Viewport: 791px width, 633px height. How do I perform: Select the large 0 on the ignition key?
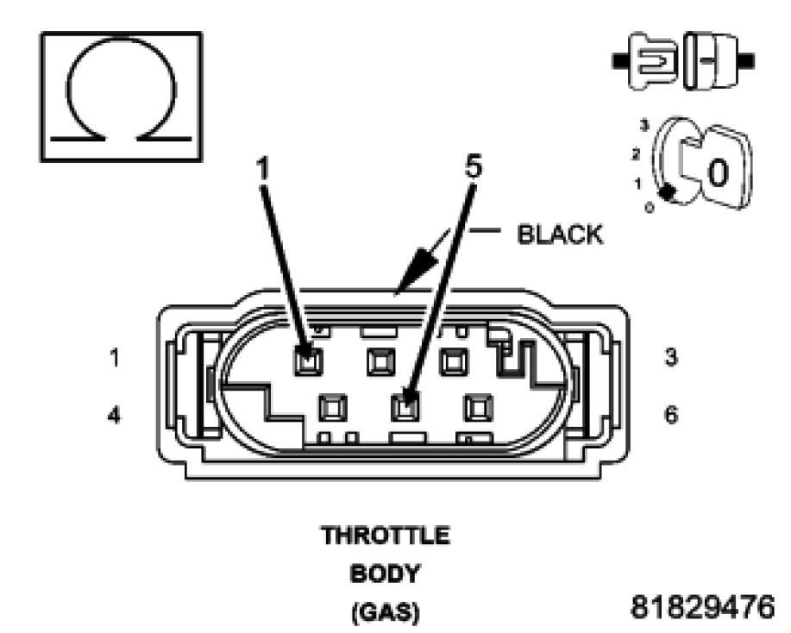tap(718, 172)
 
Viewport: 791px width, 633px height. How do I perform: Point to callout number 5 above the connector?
tap(472, 167)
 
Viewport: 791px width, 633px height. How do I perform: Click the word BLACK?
tap(560, 235)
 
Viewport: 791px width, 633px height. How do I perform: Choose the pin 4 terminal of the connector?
tap(332, 405)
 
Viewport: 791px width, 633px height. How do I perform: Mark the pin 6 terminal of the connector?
tap(477, 405)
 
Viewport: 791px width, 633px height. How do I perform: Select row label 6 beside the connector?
tap(671, 414)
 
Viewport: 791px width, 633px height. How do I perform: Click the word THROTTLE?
tap(386, 536)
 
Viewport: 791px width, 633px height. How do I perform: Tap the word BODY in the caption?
tap(386, 573)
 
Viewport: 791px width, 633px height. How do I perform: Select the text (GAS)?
tap(386, 611)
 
